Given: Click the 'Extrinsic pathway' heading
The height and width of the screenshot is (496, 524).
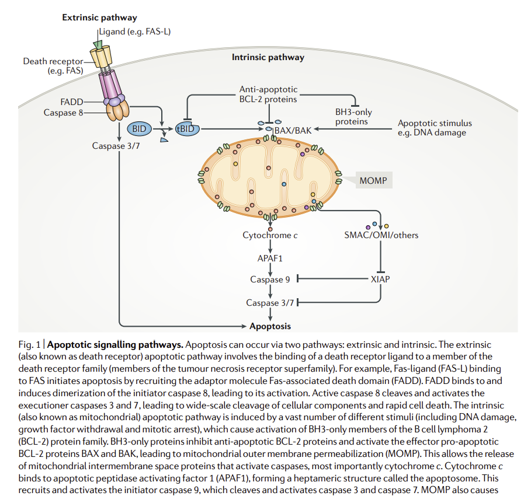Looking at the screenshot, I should (x=100, y=18).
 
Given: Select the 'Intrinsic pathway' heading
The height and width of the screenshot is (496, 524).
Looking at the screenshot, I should (x=268, y=57).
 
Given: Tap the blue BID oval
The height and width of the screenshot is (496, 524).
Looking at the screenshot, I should (x=139, y=128).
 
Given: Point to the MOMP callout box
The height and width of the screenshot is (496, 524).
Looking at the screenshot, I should (x=373, y=180).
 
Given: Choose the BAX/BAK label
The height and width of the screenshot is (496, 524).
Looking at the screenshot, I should (x=293, y=130).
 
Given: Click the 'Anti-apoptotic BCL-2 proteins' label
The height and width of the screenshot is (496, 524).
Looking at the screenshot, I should (x=268, y=94).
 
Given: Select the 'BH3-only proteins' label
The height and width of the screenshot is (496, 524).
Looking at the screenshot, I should (x=353, y=117).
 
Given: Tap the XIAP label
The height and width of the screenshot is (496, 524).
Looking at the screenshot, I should (x=380, y=279).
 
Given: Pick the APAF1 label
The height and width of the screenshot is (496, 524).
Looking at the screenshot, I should (x=270, y=257).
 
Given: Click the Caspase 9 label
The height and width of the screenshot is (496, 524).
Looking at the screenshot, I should (x=270, y=280).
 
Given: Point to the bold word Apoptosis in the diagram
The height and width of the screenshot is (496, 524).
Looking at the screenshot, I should (x=270, y=326).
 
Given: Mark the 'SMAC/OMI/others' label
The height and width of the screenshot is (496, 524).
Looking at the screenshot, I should (x=381, y=235).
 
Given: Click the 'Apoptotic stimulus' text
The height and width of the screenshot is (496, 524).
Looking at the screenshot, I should (x=435, y=123).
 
